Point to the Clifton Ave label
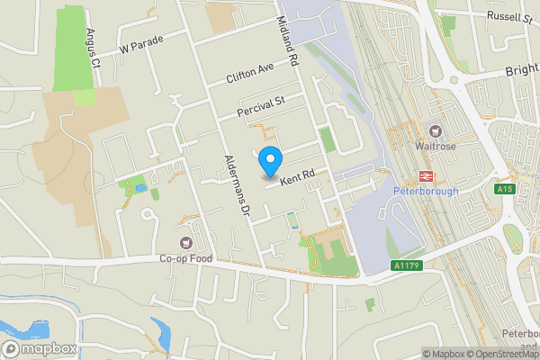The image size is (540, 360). pyautogui.click(x=249, y=75)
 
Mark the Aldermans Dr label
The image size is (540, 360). pyautogui.click(x=233, y=182)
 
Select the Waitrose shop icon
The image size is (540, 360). pyautogui.click(x=437, y=131)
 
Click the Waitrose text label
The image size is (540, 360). pyautogui.click(x=437, y=146)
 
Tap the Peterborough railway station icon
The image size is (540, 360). pyautogui.click(x=426, y=176)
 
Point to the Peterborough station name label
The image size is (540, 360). pyautogui.click(x=427, y=191)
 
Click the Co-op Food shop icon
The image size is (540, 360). pyautogui.click(x=185, y=242)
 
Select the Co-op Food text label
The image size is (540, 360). pyautogui.click(x=185, y=257)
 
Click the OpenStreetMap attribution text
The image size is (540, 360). pyautogui.click(x=503, y=354)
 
